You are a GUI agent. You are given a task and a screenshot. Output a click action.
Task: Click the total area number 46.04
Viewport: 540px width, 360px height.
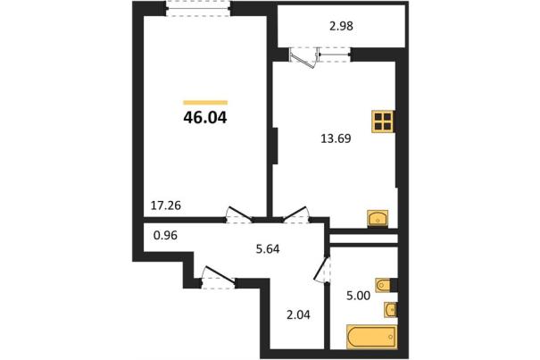coord(205,118)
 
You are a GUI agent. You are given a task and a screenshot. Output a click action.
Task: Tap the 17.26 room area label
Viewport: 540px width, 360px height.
coord(166,205)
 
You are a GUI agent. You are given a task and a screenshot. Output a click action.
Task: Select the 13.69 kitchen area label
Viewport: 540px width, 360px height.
coord(336,138)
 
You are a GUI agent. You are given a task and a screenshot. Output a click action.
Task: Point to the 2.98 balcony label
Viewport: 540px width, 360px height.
coord(341,26)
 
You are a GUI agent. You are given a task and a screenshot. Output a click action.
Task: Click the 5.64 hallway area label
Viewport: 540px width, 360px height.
coord(268,248)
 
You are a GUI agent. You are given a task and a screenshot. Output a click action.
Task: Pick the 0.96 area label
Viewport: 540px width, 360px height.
coord(165,236)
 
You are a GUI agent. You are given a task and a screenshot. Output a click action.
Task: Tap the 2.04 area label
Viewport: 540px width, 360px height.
coord(299,314)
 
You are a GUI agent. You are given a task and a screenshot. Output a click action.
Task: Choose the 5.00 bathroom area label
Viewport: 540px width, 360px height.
coord(358,296)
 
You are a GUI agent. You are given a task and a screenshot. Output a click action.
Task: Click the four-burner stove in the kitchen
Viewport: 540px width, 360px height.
coord(383,121)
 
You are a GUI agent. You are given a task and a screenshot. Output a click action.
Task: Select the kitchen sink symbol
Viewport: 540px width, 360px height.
coord(378,218)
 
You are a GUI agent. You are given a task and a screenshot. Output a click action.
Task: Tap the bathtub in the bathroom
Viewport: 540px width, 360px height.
coord(372,336)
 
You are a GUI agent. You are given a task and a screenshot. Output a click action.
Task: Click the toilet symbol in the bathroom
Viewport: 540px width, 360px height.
coord(385,285)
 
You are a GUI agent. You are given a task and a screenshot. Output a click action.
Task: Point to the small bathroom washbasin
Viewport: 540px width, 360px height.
coord(391,310)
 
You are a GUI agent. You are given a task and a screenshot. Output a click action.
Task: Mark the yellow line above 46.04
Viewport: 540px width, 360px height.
coord(205,103)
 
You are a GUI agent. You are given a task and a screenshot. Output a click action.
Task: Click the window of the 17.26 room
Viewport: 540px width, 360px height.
coord(197,8)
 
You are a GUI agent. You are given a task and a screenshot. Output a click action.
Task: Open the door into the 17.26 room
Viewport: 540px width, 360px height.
coord(238,214)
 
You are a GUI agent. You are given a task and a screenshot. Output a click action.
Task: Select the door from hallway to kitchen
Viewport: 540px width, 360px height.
coord(296,214)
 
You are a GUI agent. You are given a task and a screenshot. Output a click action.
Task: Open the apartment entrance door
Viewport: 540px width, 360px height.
coord(219,277)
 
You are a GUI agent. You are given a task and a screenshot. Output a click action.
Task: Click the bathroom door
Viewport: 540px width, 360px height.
coord(322,269)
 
